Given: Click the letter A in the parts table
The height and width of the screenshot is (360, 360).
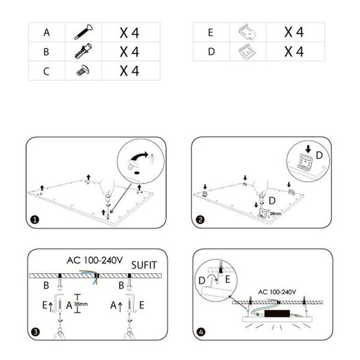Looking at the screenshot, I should coord(47,33).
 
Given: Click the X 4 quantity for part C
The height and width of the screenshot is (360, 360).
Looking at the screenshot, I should coord(129,71).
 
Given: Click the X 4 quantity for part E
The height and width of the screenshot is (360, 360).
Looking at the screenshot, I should coord(294,32).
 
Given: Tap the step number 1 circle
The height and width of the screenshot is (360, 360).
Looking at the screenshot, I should coord(35,219).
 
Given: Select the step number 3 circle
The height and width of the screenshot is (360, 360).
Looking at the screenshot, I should coord(35,332).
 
